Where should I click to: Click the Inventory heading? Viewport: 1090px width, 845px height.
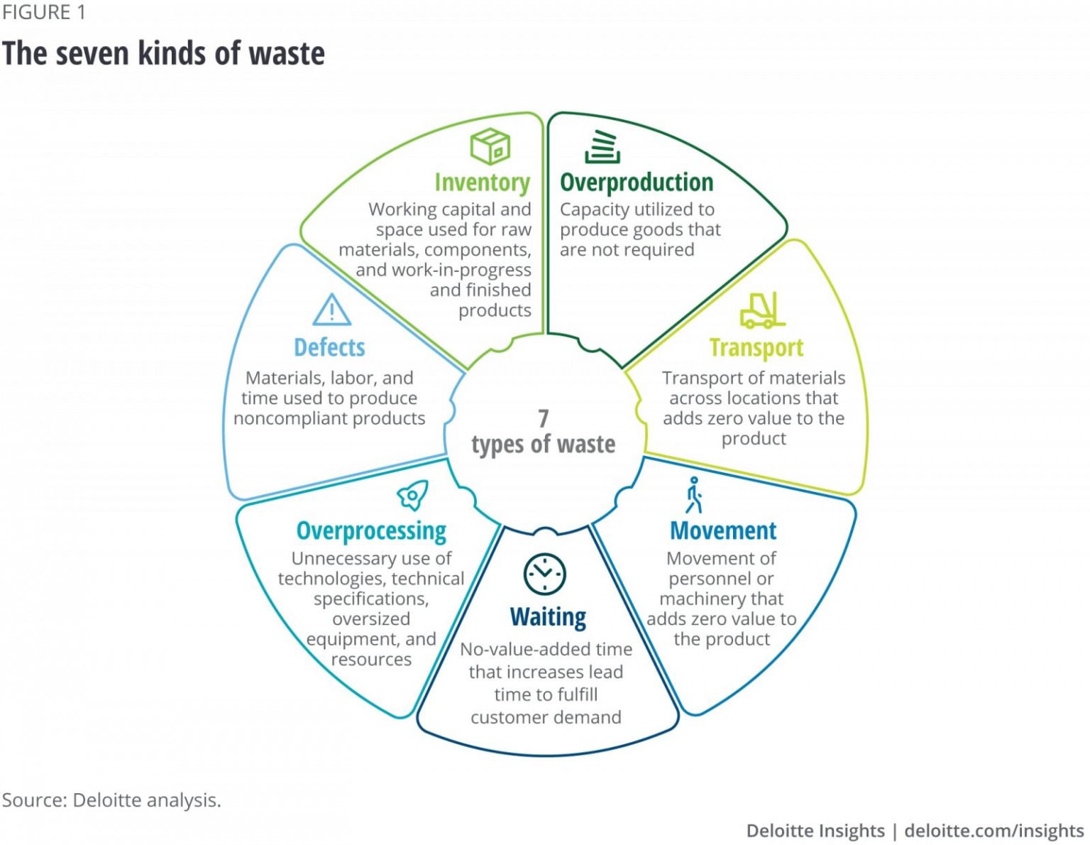pyautogui.click(x=482, y=183)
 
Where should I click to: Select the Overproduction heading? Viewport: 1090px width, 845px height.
pyautogui.click(x=637, y=182)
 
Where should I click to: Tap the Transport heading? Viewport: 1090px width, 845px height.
pyautogui.click(x=756, y=348)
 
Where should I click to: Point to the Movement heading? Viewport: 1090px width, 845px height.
pyautogui.click(x=723, y=531)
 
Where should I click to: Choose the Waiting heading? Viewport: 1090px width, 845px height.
pyautogui.click(x=548, y=617)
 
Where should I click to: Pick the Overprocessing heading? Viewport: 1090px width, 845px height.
pyautogui.click(x=371, y=531)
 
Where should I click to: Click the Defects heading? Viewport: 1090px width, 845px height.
pyautogui.click(x=329, y=348)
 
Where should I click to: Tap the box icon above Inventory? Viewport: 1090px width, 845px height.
pyautogui.click(x=490, y=146)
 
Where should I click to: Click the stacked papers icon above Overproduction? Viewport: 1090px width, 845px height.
pyautogui.click(x=602, y=147)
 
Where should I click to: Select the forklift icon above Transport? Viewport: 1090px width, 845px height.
pyautogui.click(x=761, y=310)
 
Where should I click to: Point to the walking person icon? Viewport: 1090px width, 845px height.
pyautogui.click(x=694, y=495)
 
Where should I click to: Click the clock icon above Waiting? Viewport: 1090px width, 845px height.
pyautogui.click(x=544, y=573)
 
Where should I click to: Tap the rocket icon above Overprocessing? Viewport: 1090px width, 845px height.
pyautogui.click(x=413, y=495)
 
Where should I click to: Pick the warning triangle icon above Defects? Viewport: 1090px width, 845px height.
pyautogui.click(x=331, y=310)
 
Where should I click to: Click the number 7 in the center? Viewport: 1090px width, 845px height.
pyautogui.click(x=543, y=418)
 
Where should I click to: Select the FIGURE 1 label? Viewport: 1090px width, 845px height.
pyautogui.click(x=44, y=13)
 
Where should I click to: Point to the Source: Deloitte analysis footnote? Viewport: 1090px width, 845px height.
pyautogui.click(x=111, y=800)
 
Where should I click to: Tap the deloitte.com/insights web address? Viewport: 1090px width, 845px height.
pyautogui.click(x=994, y=831)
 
